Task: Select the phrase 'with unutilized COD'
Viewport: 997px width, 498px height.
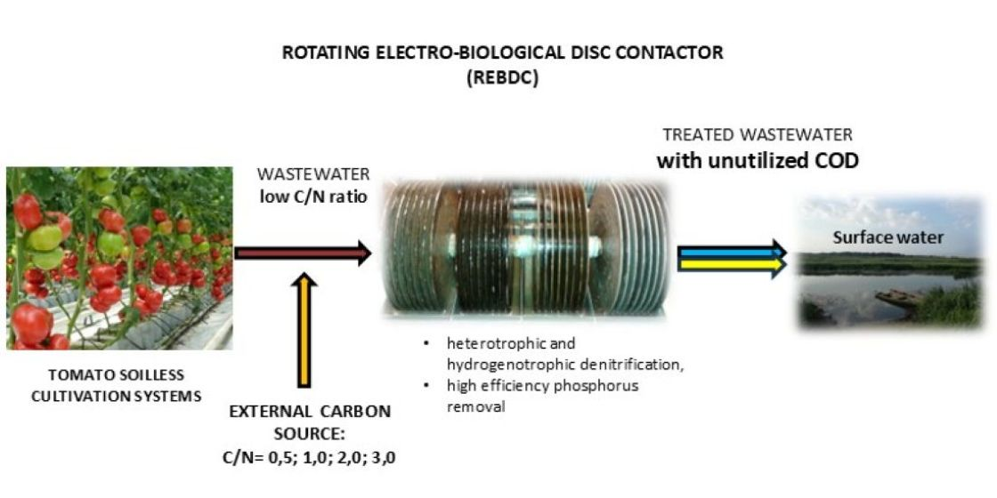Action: coord(758,162)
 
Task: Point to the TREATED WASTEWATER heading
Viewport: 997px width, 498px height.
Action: coord(758,135)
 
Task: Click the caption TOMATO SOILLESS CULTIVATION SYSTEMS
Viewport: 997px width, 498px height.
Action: coord(116,387)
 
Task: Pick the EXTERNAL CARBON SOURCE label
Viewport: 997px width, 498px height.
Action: coord(310,422)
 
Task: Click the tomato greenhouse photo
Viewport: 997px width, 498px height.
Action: coord(118,258)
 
